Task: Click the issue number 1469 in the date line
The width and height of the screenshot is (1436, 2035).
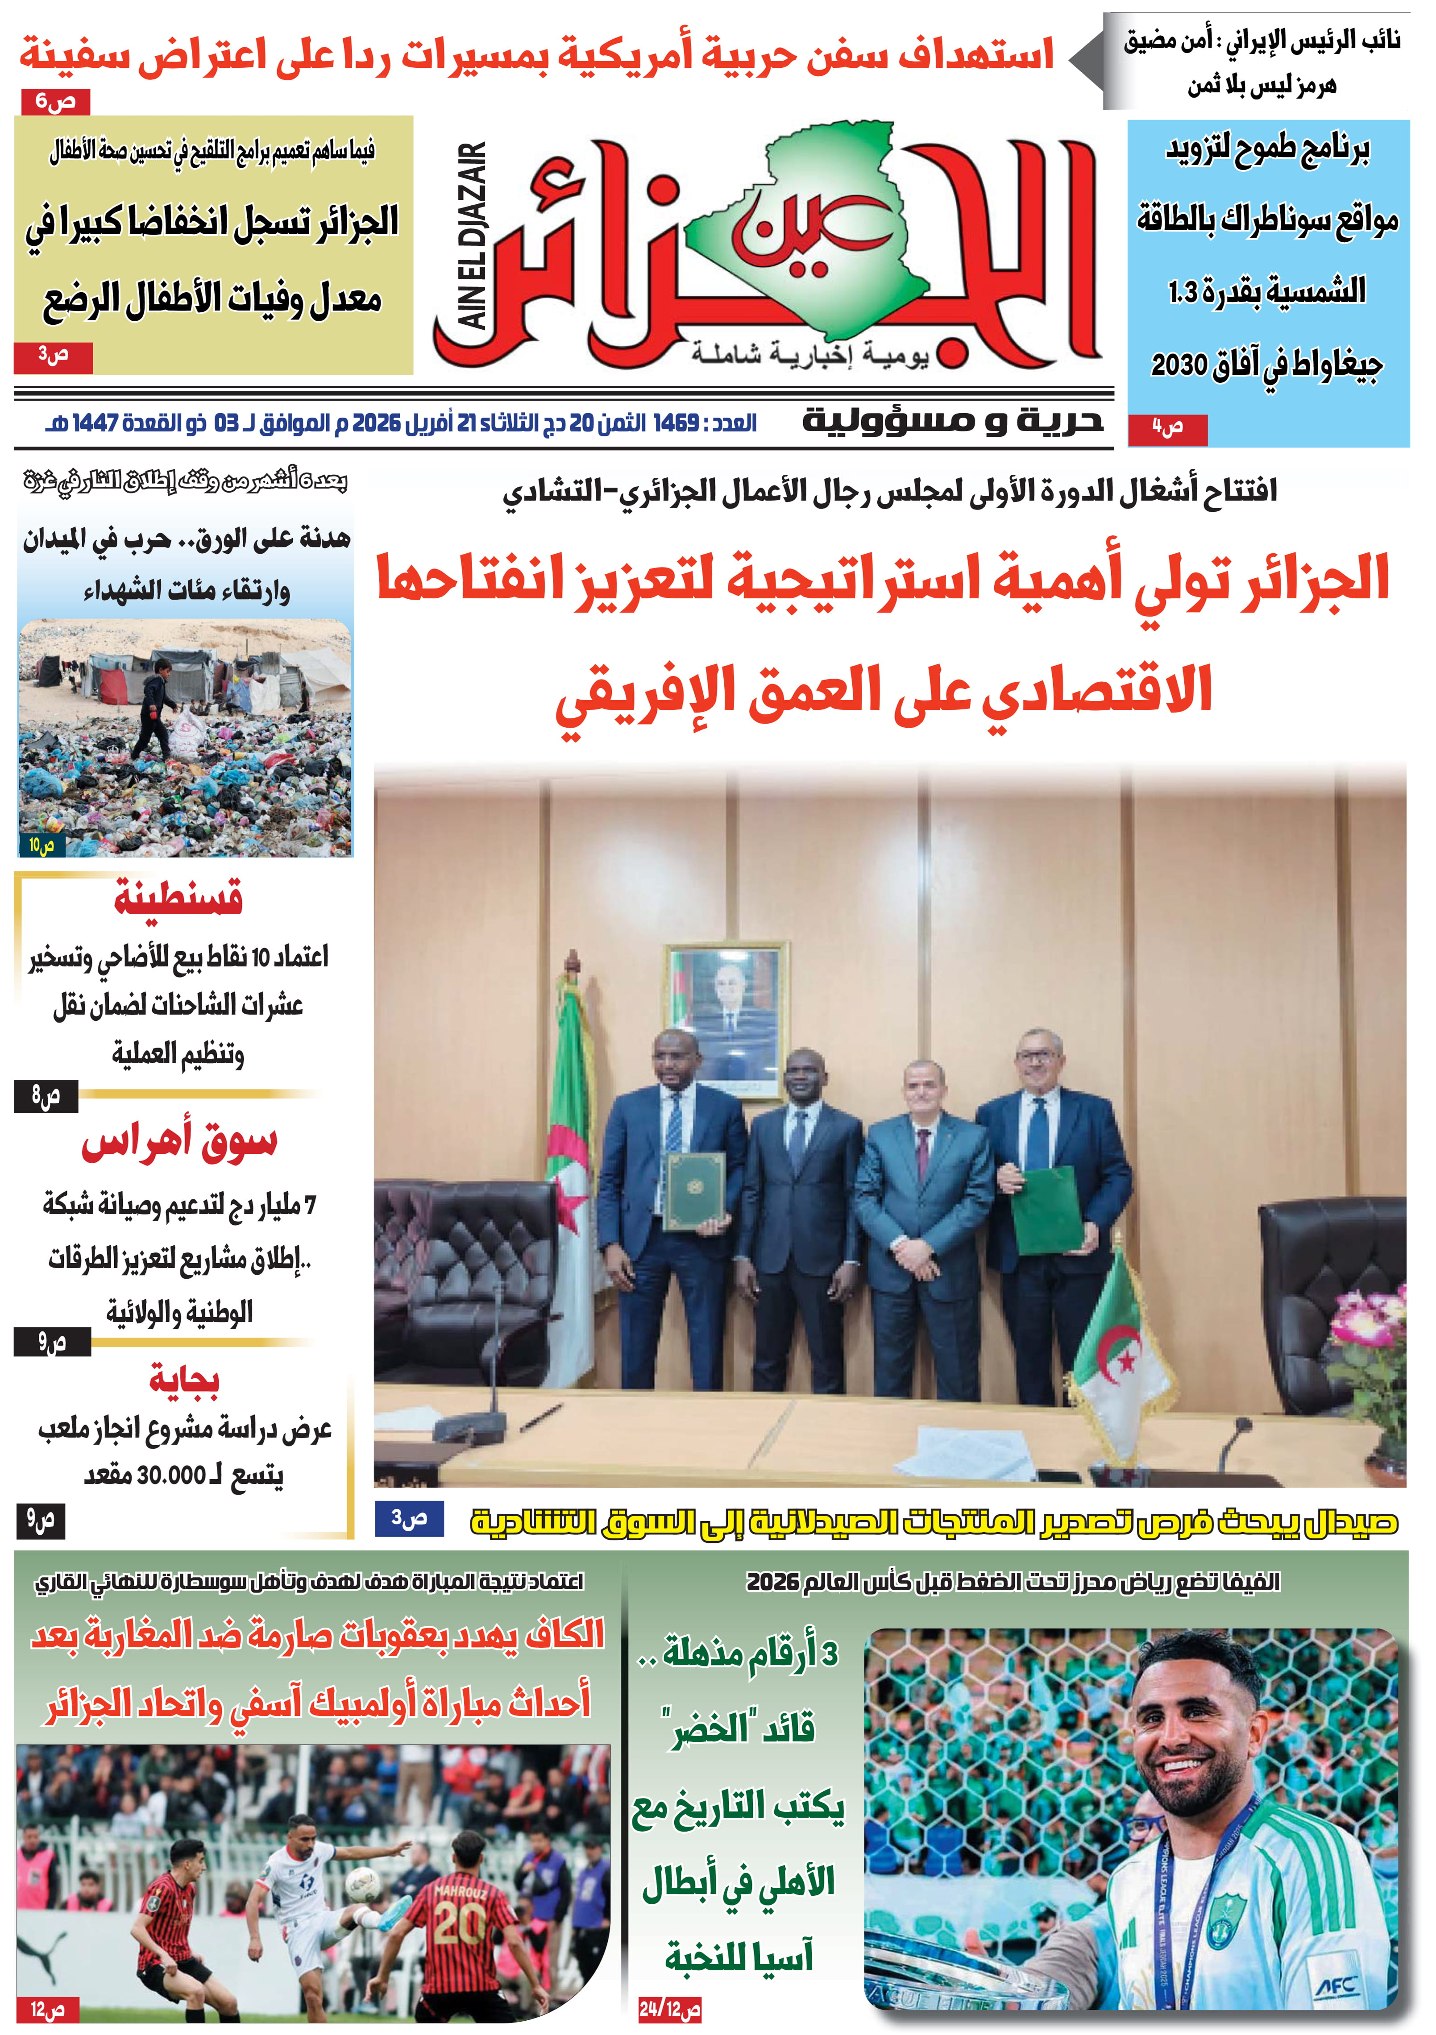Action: coord(677,424)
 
